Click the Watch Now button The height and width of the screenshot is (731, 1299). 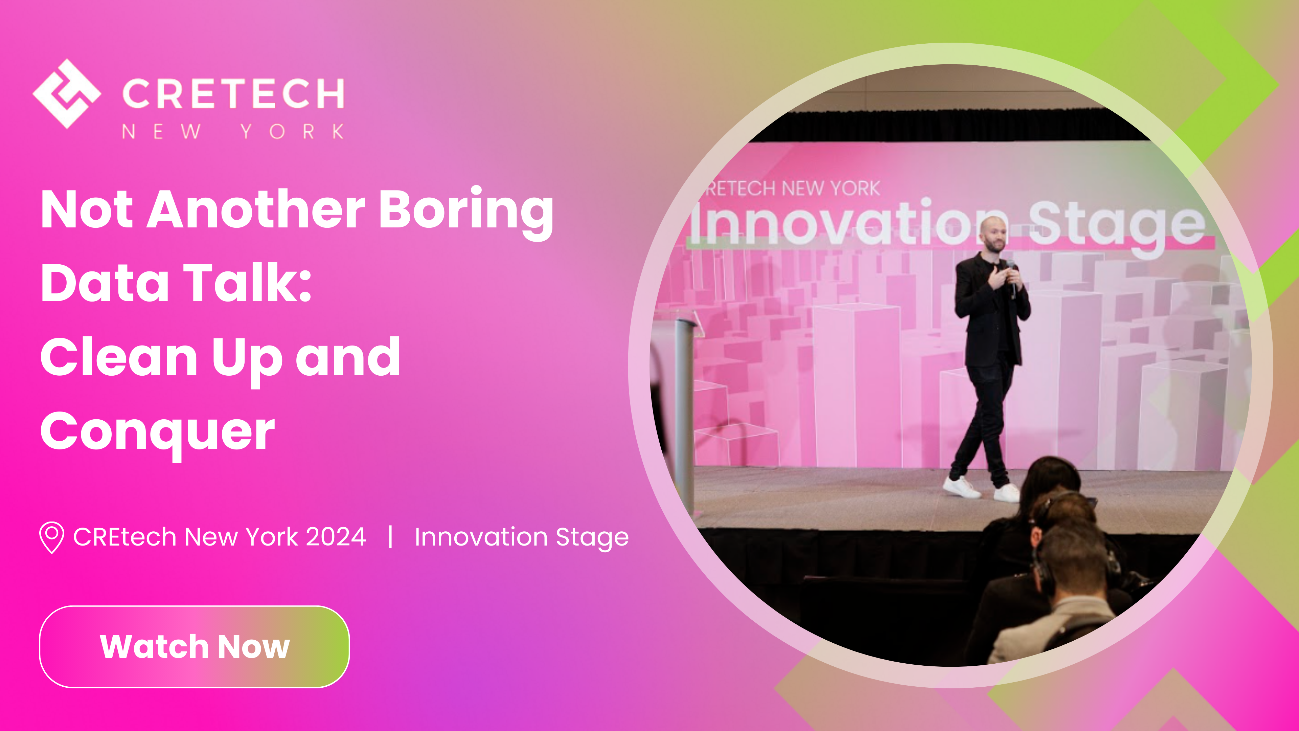click(194, 646)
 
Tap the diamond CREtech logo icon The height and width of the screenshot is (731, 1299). click(67, 94)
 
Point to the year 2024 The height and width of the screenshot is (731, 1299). click(336, 536)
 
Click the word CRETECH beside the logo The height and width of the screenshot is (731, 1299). click(233, 94)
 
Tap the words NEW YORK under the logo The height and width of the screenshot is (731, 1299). click(233, 132)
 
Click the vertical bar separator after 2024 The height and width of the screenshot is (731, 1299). click(390, 536)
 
